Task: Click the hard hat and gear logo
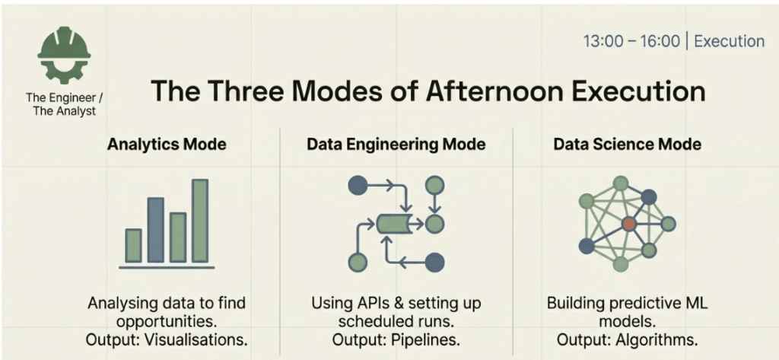[65, 55]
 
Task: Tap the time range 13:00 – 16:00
[631, 41]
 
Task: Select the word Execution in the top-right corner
[730, 41]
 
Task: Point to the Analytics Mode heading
[167, 144]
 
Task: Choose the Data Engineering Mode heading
[396, 144]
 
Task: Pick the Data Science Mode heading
[628, 144]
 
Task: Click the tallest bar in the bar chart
[200, 220]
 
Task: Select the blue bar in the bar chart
[155, 230]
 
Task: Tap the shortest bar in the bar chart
[133, 245]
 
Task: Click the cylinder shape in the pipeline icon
[393, 224]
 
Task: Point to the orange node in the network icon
[629, 224]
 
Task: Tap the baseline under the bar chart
[167, 267]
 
